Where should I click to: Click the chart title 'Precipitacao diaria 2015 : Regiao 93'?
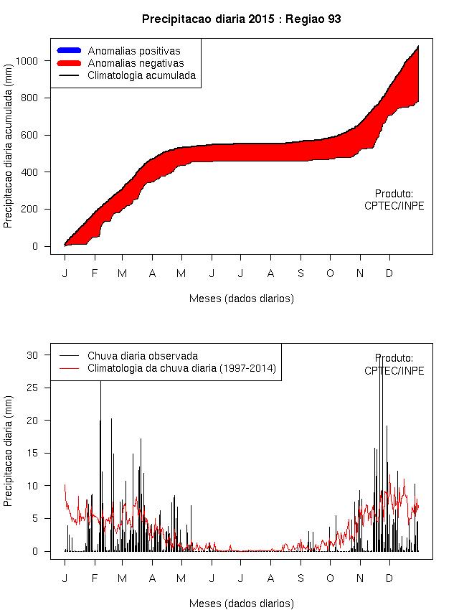click(241, 19)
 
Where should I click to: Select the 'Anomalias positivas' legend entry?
click(134, 51)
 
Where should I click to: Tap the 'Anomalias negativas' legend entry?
click(136, 63)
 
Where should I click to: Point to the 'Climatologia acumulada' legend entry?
click(141, 75)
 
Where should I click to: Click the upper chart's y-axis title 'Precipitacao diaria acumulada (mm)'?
click(9, 154)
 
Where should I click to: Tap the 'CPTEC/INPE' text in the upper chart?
click(394, 206)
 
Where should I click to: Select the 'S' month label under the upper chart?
click(301, 273)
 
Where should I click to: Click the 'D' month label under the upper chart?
click(389, 273)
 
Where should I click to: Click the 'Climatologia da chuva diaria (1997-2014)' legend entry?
click(181, 368)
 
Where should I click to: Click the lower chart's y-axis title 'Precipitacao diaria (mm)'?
click(9, 454)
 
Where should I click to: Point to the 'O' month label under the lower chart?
click(330, 578)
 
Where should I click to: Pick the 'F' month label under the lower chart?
click(93, 578)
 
